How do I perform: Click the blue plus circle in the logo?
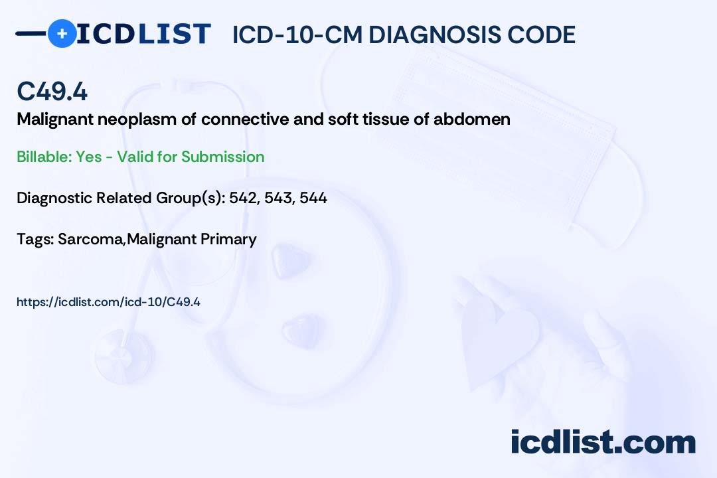pos(62,33)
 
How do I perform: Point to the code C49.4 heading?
pos(52,92)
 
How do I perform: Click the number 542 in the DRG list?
pos(243,198)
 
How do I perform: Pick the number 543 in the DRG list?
pos(278,198)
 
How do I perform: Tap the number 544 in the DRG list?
pos(313,198)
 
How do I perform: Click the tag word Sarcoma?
pos(90,239)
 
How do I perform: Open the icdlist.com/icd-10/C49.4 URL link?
pos(108,302)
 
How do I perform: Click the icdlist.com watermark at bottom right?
pos(603,442)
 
